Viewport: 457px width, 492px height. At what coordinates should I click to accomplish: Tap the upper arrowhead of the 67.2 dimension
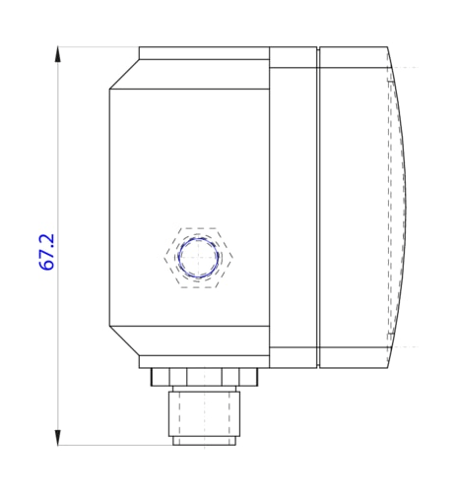click(x=58, y=52)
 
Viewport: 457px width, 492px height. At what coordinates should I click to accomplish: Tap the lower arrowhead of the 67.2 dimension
click(x=58, y=439)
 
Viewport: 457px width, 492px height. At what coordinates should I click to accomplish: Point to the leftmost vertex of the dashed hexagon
click(x=164, y=258)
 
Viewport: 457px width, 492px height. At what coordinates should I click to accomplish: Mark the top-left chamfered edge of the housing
click(x=124, y=75)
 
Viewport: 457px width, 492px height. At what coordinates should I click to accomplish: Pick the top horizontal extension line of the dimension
click(x=98, y=46)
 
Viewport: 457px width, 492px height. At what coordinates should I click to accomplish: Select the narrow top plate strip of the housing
click(x=204, y=52)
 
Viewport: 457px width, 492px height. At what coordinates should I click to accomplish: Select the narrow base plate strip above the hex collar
click(x=204, y=361)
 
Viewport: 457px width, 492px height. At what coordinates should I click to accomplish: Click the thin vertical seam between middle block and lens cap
click(x=318, y=207)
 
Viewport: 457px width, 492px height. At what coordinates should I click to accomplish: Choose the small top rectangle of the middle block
click(x=294, y=56)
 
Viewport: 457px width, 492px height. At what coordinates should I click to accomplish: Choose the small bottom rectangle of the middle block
click(x=294, y=358)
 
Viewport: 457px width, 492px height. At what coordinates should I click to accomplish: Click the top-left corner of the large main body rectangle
click(x=109, y=90)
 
